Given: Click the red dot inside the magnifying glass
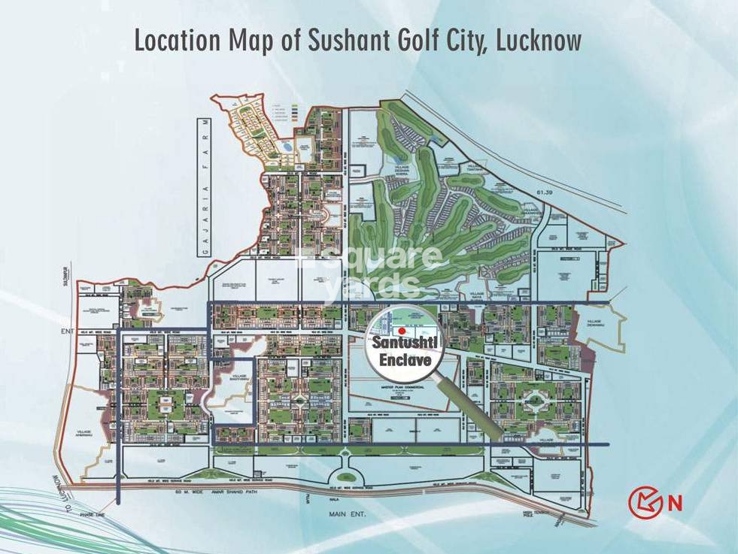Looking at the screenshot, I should (x=402, y=330).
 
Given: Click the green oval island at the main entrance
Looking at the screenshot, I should (x=345, y=474).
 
